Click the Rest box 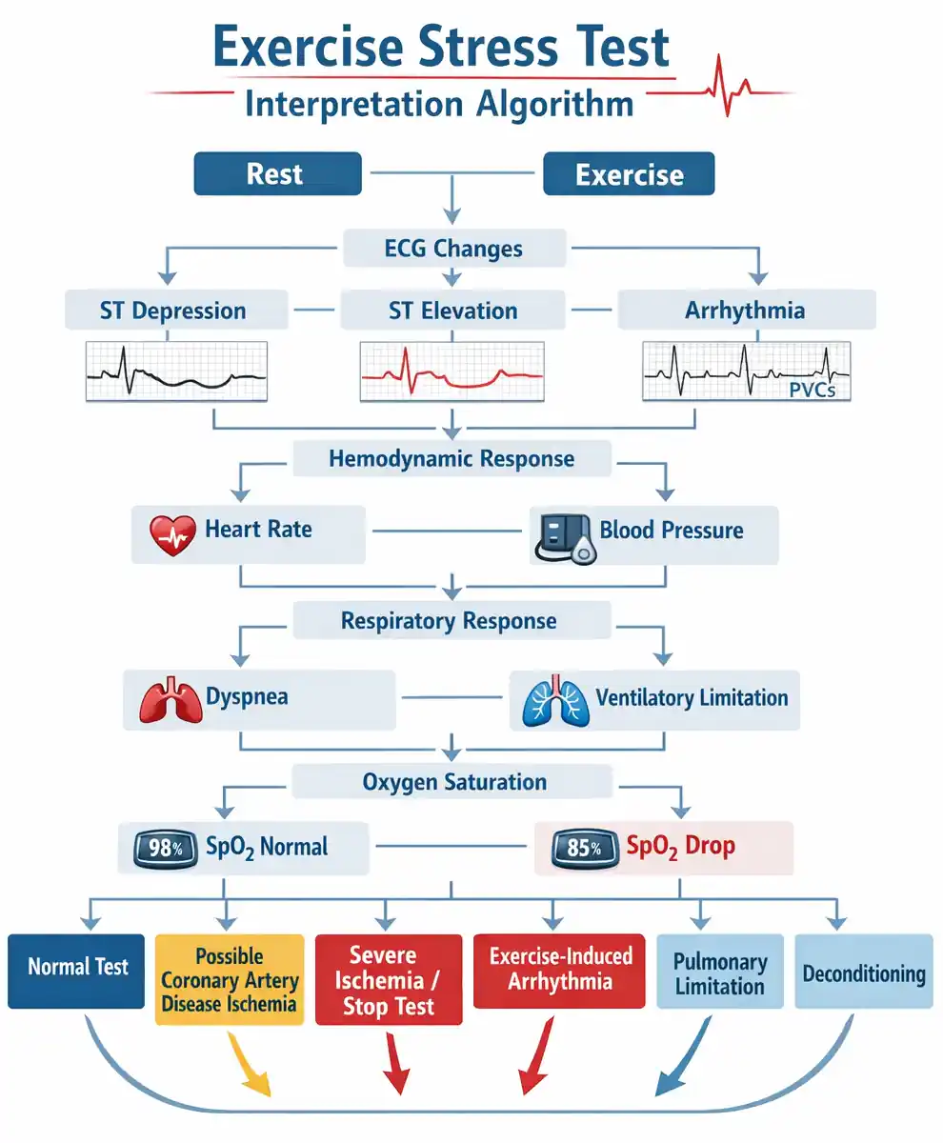tap(277, 173)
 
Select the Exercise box tap(629, 173)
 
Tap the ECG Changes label tap(453, 249)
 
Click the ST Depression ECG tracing tap(176, 372)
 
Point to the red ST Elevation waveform tap(452, 372)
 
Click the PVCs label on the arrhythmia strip tap(813, 390)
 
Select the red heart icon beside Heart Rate tap(172, 535)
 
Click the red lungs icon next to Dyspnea tap(171, 700)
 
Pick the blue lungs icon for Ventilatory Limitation tap(556, 701)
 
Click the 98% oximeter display tap(166, 849)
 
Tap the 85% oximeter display tap(585, 849)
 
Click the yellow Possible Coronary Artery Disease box tap(230, 979)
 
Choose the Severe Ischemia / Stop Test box tap(389, 979)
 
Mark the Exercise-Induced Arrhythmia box tap(559, 971)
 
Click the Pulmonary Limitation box tap(719, 971)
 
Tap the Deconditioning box tap(864, 971)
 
